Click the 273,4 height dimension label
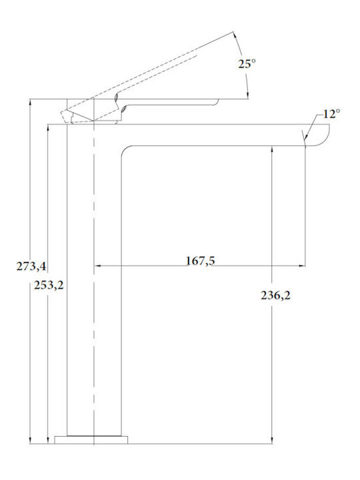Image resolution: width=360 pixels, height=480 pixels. click(x=31, y=266)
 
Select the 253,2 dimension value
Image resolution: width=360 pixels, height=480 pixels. click(x=49, y=285)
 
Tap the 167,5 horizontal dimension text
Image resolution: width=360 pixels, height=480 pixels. click(x=201, y=261)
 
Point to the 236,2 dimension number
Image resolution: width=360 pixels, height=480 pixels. click(x=275, y=295)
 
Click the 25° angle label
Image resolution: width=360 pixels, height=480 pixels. click(x=247, y=64)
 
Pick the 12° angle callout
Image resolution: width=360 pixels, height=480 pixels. click(x=331, y=114)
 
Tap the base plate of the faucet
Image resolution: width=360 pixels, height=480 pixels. click(x=91, y=439)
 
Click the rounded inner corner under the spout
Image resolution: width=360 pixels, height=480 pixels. click(x=125, y=150)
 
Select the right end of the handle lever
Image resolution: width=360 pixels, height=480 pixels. click(x=217, y=101)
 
